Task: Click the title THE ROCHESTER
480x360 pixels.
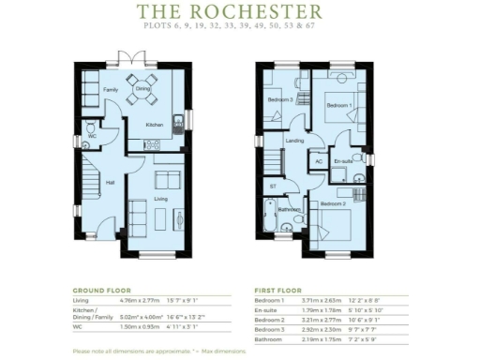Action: (230, 12)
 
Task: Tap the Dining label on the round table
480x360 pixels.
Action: (142, 89)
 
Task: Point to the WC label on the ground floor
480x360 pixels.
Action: (92, 136)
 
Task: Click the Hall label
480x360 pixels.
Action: (110, 182)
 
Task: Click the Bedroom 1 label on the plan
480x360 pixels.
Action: (338, 106)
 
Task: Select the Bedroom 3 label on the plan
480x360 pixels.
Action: (279, 99)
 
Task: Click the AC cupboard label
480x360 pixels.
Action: (319, 160)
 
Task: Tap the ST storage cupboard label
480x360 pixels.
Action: (273, 186)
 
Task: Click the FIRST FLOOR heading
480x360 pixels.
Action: (282, 290)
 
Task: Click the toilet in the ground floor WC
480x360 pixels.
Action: (87, 125)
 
